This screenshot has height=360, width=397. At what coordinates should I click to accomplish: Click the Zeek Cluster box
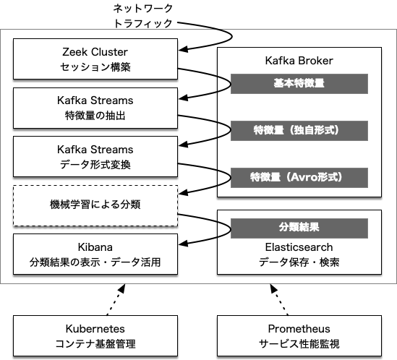pos(95,59)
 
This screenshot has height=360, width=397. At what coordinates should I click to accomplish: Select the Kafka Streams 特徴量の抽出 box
pos(95,108)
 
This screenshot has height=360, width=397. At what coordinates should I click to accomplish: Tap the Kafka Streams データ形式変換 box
pos(95,157)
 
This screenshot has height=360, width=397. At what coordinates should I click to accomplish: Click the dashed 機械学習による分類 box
pos(95,205)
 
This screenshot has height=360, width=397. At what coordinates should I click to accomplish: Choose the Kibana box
pos(95,254)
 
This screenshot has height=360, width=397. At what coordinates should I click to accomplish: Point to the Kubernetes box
pos(95,335)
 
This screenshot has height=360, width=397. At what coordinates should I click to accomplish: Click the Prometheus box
pos(299,335)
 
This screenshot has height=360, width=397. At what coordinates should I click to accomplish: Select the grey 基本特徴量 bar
pos(299,84)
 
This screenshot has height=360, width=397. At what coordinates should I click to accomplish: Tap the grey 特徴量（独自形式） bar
pos(299,131)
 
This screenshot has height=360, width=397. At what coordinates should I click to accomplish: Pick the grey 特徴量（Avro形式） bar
pos(299,177)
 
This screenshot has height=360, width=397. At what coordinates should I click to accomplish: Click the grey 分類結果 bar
pos(299,228)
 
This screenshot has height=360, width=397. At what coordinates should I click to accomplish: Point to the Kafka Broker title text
pos(299,61)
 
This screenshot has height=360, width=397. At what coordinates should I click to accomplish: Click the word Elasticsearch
pos(299,247)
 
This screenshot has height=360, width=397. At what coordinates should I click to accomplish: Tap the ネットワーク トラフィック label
pos(143,16)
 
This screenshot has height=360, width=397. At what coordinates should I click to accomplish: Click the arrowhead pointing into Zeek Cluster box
pos(183,49)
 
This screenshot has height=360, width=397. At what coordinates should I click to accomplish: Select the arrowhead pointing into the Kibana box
pos(183,244)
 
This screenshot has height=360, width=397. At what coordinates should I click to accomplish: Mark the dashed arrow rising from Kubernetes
pos(116,299)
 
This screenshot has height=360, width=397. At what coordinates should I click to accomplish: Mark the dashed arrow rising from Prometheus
pos(278,299)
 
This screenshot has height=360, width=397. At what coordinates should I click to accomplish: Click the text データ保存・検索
pos(299,262)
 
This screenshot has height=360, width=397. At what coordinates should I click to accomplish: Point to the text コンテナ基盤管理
pos(95,344)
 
